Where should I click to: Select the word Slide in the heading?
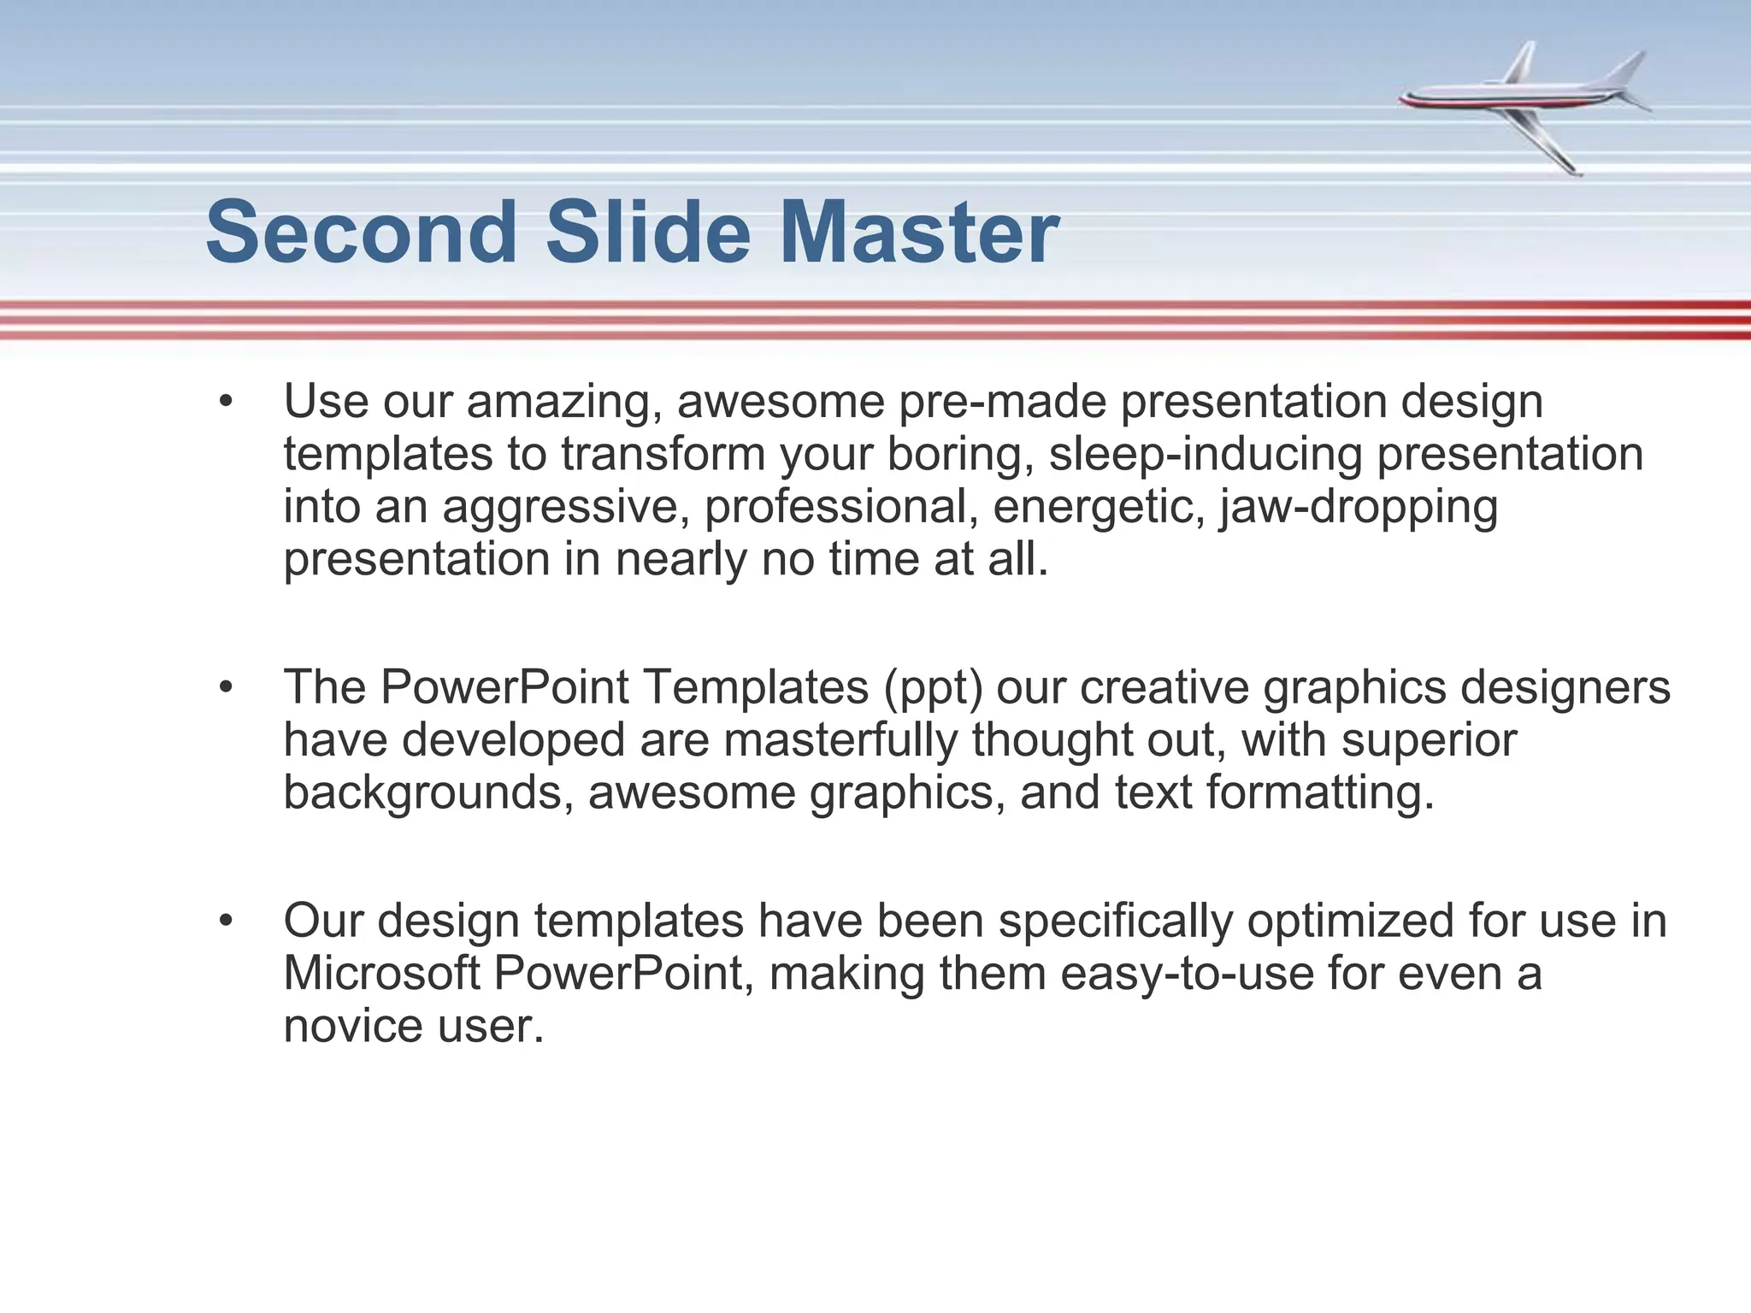[647, 233]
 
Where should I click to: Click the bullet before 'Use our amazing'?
[226, 401]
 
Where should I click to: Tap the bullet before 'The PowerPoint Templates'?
[226, 686]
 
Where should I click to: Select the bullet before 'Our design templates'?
[226, 921]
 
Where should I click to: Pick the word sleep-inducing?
[1206, 454]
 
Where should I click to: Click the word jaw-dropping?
[1359, 507]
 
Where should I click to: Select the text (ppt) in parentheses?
[933, 687]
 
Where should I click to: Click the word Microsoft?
[381, 974]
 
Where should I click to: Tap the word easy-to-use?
[1187, 974]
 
